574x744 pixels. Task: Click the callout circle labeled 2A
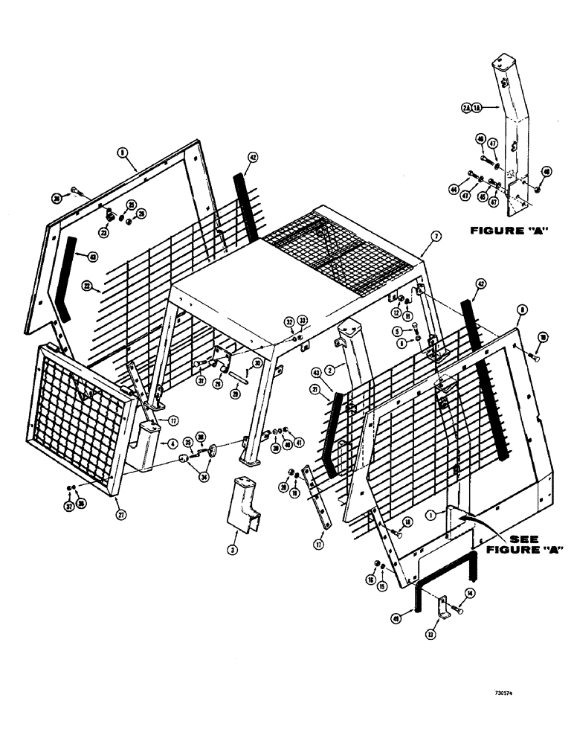(x=465, y=107)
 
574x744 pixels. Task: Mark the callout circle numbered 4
(x=173, y=444)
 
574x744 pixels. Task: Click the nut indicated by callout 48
(x=537, y=192)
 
